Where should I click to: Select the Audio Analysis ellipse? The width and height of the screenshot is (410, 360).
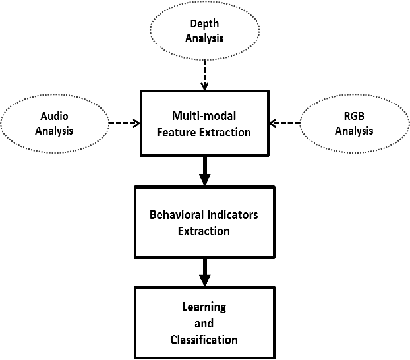tap(55, 123)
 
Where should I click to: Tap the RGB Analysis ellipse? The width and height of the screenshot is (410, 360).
tap(353, 123)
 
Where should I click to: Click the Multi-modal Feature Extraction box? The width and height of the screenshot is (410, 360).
tap(204, 124)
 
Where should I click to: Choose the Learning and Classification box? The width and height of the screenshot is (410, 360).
tap(204, 324)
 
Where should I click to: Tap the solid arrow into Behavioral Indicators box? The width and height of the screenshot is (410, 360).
tap(205, 171)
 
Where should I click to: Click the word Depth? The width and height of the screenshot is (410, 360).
tap(204, 24)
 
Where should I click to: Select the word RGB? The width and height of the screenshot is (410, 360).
tap(353, 116)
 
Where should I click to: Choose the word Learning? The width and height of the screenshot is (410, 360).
tap(204, 307)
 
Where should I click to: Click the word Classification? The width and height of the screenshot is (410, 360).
tap(204, 340)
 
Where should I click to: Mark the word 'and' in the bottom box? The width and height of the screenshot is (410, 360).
tap(204, 324)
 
